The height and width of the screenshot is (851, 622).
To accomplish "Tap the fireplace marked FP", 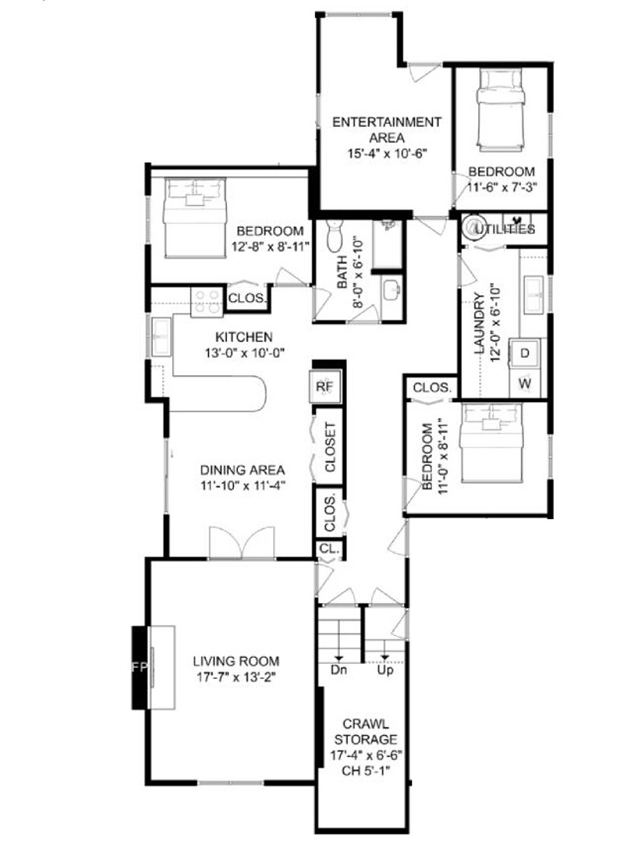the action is coord(140,667).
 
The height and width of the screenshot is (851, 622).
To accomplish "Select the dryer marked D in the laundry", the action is coord(525,353).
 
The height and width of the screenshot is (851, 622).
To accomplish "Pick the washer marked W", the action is coord(525,383).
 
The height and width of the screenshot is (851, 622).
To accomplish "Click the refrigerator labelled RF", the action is coord(325,386).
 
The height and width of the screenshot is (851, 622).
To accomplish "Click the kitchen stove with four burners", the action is coord(207,302).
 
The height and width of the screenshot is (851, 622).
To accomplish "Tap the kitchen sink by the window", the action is coord(161,337).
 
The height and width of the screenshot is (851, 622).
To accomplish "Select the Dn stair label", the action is coord(339,670).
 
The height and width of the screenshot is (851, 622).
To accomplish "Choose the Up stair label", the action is coord(385,670).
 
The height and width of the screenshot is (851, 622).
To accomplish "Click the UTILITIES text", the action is coord(505,229).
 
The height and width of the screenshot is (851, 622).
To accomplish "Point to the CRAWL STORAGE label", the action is coord(365,732).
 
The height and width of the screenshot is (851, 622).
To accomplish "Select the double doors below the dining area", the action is coord(242,543).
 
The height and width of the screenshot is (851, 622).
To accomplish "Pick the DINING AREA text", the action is coord(242,470).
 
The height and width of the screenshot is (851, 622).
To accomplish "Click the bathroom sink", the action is coord(392,289).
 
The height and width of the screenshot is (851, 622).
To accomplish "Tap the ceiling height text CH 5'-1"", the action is coord(366,771).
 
